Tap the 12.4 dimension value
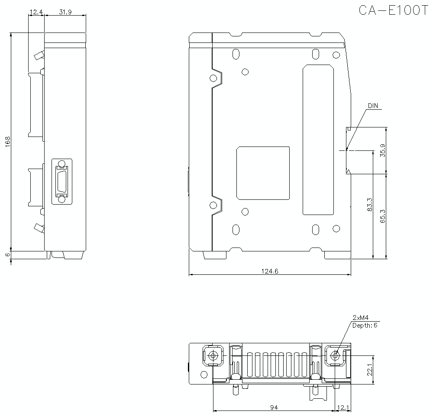36,13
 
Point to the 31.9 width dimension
65,13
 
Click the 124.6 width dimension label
269,271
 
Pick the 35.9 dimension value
382,150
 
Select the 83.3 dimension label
369,204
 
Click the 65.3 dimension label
382,215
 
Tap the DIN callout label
372,106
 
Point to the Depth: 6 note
365,325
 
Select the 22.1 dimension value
369,370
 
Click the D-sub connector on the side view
62,181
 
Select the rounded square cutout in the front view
263,173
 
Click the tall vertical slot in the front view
318,140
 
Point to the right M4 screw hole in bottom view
335,355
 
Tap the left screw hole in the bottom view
213,355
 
